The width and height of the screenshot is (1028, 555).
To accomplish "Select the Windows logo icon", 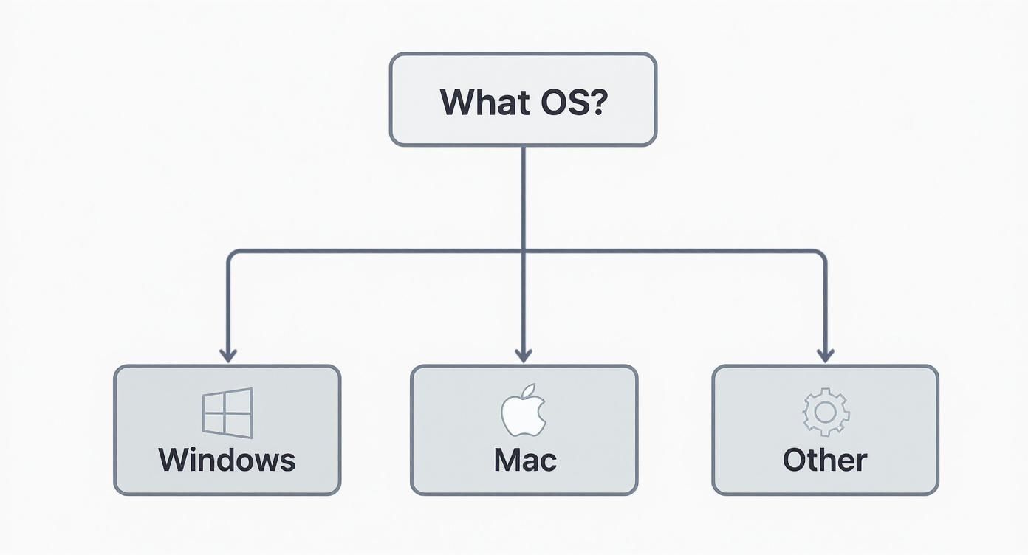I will (227, 413).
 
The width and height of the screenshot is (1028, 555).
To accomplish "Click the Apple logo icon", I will (523, 411).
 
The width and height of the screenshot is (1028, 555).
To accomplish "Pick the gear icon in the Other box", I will (826, 412).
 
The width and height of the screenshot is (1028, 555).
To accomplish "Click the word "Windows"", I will (227, 460).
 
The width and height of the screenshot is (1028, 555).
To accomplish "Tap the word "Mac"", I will (524, 460).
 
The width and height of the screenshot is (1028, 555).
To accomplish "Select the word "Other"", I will (825, 460).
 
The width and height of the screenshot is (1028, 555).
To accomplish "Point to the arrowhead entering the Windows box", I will (228, 355).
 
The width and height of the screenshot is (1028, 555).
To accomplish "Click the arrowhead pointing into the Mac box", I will (524, 355).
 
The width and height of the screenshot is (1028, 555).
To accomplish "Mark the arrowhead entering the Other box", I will (825, 355).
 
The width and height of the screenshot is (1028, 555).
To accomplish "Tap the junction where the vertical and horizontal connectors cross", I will (524, 252).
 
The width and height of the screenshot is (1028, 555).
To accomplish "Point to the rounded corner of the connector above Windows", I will (231, 255).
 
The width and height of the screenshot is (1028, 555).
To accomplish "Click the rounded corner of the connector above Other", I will (821, 255).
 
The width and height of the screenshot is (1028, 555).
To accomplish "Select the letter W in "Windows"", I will (174, 460).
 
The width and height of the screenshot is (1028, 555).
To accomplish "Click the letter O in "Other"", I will (794, 460).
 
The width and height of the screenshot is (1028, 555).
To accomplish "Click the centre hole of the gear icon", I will (826, 413).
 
